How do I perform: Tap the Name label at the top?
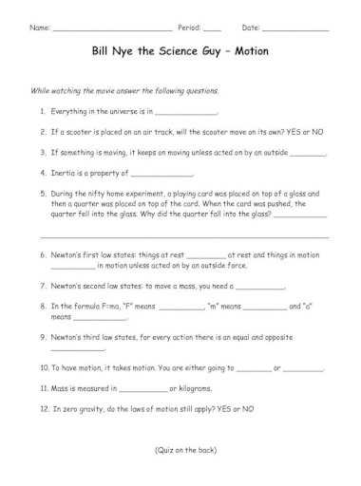coord(41,28)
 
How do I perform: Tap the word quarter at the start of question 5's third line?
coord(66,214)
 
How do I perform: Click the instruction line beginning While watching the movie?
coord(125,90)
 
